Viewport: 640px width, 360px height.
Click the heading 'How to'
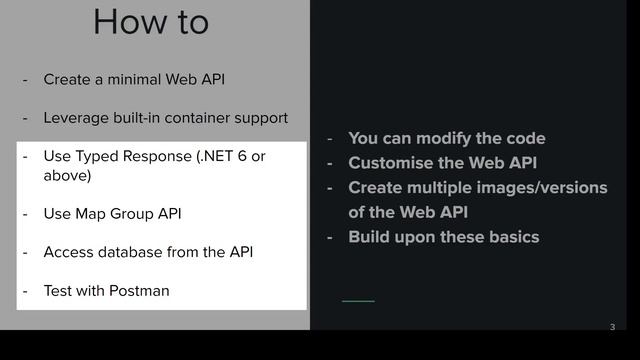151,21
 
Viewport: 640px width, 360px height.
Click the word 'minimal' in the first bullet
128,79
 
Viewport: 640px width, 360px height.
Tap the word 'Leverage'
76,118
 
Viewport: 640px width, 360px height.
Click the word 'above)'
67,176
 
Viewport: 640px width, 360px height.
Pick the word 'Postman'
140,291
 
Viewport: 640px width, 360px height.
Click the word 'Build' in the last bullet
370,237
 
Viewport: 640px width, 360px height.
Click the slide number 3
612,327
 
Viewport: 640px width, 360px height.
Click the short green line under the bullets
358,301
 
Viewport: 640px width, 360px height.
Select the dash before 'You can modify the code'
329,139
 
